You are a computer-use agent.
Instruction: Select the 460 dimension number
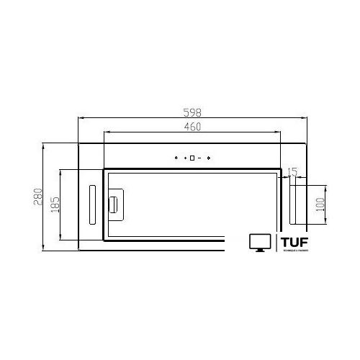click(x=192, y=127)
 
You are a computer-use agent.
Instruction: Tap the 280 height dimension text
click(x=37, y=198)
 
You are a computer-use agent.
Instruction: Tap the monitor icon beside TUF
click(x=259, y=243)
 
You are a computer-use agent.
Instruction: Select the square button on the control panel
click(x=192, y=158)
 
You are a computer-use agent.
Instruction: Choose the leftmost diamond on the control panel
click(x=176, y=158)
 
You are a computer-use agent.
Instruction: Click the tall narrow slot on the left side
click(x=91, y=204)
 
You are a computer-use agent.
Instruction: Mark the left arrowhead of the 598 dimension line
click(x=80, y=118)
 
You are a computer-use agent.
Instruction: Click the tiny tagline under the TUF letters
click(x=294, y=250)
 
